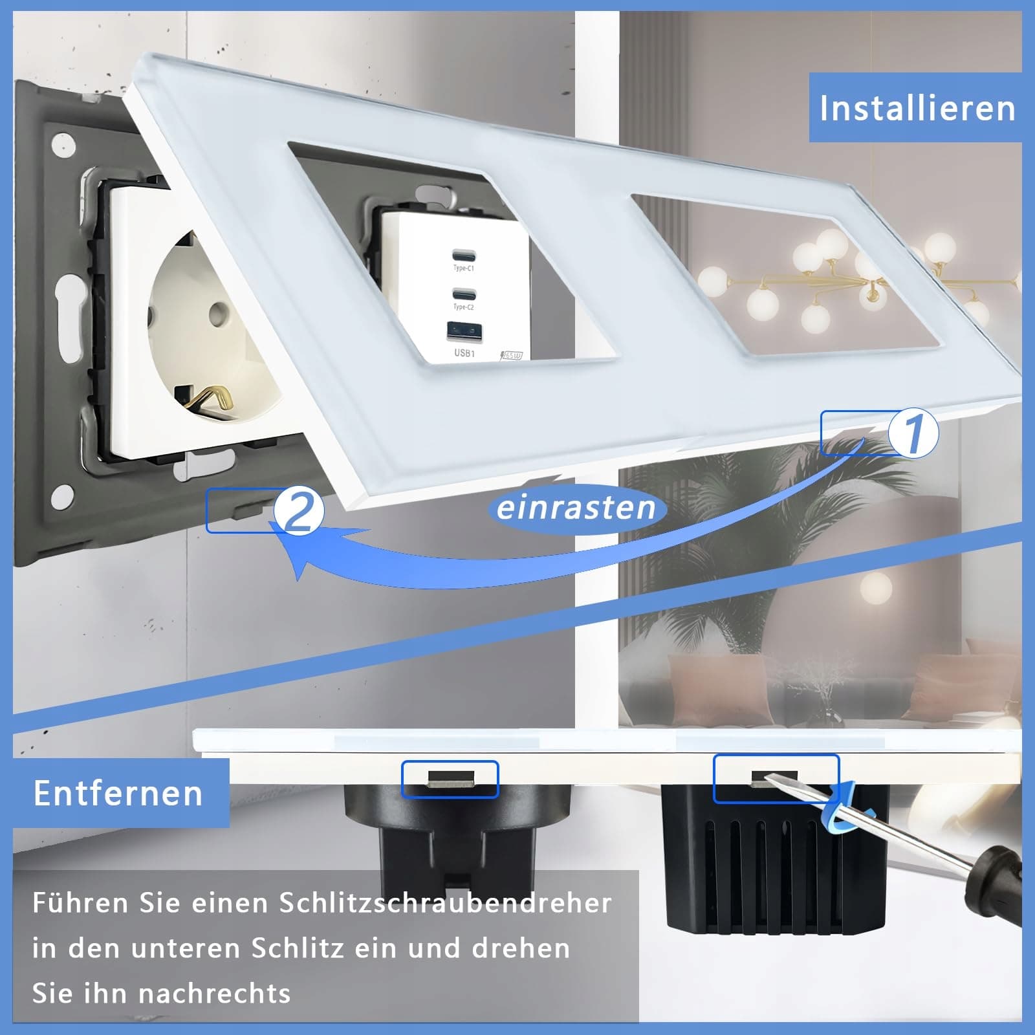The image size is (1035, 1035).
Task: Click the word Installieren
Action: tap(917, 108)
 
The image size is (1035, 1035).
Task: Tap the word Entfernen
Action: tap(118, 793)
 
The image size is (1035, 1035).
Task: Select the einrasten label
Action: tap(576, 508)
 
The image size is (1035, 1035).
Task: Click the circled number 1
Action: tap(913, 432)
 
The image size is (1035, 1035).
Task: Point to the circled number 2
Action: tap(298, 511)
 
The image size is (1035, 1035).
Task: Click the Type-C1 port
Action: tap(464, 253)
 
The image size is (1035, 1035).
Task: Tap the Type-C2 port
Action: tap(464, 292)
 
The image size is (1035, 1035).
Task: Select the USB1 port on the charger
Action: tap(464, 332)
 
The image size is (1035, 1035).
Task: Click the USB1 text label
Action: tap(464, 353)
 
